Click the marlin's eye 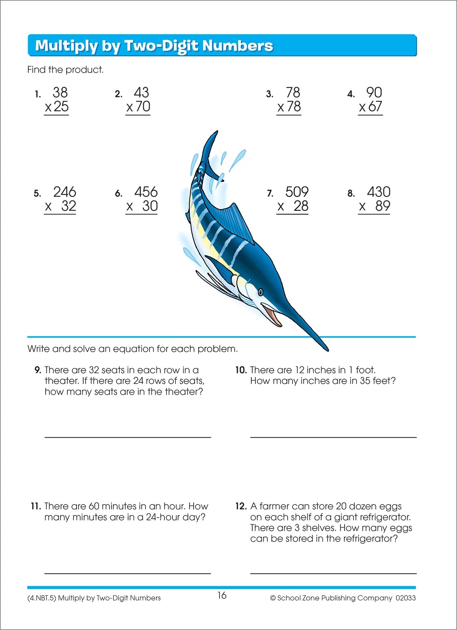(x=261, y=291)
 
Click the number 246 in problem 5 (x=65, y=192)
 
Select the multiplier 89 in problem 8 (x=382, y=206)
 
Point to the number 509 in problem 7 (x=297, y=192)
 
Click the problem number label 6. (x=119, y=193)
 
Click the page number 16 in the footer (x=222, y=595)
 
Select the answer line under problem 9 (x=127, y=437)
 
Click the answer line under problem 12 (x=333, y=573)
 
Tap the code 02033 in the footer (x=406, y=598)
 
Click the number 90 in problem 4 (x=374, y=93)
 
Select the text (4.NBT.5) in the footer (x=41, y=598)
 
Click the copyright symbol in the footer (x=273, y=598)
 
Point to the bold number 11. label (x=36, y=506)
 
